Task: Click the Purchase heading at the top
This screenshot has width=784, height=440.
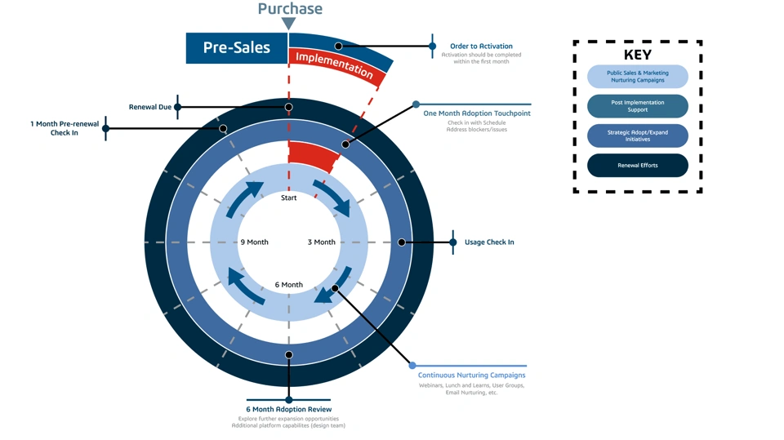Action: (290, 9)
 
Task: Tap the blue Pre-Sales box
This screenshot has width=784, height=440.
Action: (237, 47)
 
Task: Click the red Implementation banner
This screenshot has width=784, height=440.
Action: (334, 64)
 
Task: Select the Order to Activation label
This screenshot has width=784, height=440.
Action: (481, 47)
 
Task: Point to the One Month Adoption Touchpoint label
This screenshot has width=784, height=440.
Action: (477, 113)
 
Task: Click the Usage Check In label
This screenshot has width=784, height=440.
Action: (489, 242)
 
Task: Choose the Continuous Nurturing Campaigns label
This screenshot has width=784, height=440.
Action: (478, 376)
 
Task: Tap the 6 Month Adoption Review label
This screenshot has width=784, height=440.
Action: (289, 409)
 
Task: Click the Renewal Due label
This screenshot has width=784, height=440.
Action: (150, 107)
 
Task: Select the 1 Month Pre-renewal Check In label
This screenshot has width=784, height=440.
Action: (65, 128)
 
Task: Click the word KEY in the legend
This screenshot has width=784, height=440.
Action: (638, 55)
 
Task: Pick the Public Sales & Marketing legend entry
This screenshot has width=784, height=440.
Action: (638, 77)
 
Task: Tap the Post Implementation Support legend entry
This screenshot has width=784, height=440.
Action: (638, 106)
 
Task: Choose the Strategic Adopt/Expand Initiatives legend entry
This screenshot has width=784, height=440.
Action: (638, 136)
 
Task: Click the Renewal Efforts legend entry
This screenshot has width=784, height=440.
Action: (638, 165)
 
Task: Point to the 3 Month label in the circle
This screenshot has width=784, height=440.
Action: (322, 242)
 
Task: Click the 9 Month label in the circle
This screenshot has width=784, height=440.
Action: (254, 242)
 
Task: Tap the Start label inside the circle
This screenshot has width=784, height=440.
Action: (289, 198)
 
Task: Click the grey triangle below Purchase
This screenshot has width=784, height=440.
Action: (289, 24)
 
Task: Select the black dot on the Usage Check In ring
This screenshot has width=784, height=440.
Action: (402, 242)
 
